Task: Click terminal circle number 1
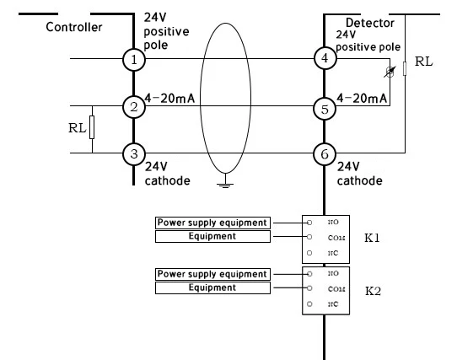coord(133,59)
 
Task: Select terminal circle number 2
coord(133,106)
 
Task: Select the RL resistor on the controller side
coord(92,128)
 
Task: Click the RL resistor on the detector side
coord(406,66)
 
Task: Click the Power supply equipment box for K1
coord(212,223)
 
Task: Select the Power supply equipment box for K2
coord(212,274)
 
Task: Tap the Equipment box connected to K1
coord(212,236)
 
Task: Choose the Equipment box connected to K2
coord(212,287)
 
